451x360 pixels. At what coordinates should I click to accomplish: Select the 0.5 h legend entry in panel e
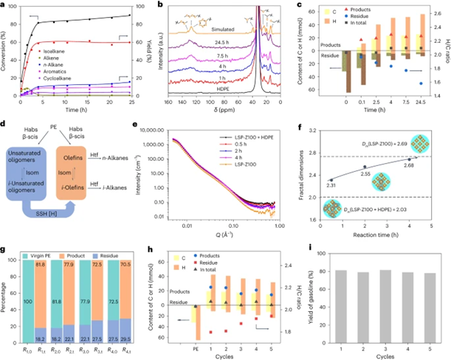point(280,145)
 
